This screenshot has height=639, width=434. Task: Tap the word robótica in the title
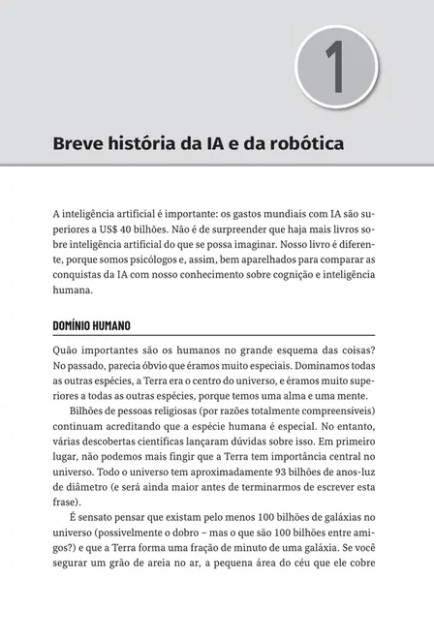[306, 145]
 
